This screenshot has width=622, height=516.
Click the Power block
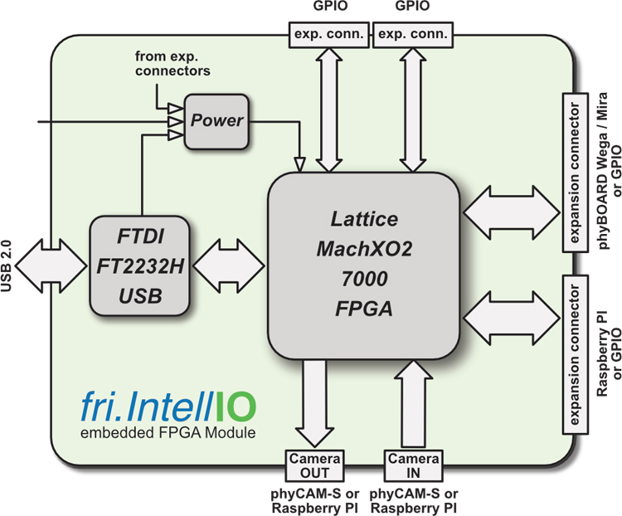tap(217, 120)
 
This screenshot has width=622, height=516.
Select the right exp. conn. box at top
tap(412, 34)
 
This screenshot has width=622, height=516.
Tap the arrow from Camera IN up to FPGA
tap(412, 398)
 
